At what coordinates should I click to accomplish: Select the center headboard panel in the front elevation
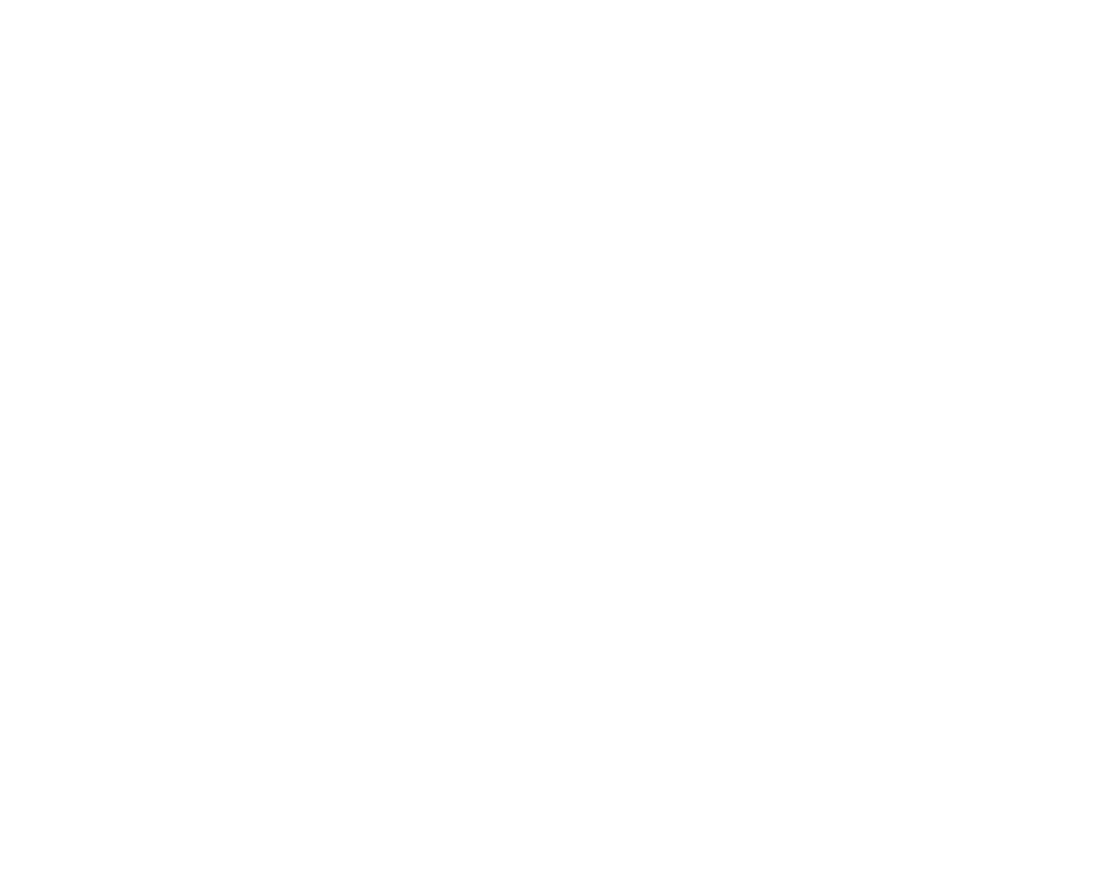300,215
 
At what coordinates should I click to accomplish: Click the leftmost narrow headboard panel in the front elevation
172,215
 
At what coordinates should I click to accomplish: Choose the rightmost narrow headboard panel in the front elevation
428,215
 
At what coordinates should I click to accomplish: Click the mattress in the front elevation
300,329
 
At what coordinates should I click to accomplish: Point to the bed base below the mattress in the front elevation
300,367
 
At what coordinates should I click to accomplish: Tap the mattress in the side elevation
794,329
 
